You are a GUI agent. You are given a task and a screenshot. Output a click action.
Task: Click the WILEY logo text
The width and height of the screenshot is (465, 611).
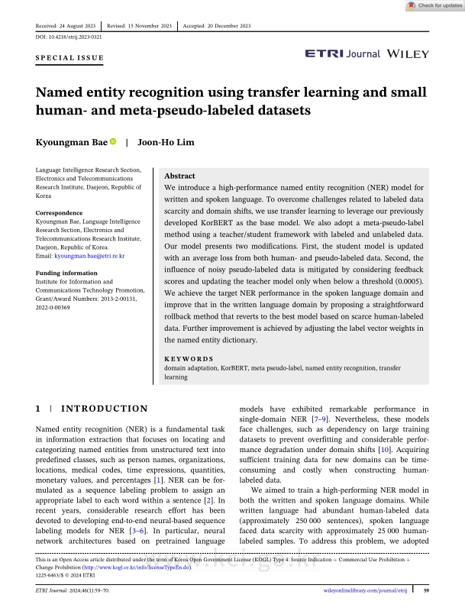click(408, 54)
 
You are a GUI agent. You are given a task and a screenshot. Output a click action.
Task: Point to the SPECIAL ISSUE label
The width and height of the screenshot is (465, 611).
click(69, 57)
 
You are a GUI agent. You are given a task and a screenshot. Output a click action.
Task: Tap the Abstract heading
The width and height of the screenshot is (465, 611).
click(180, 176)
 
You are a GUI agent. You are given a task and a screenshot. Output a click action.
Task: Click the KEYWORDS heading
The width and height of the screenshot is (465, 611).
click(189, 357)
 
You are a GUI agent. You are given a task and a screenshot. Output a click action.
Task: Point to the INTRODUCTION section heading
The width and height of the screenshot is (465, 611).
click(105, 409)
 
